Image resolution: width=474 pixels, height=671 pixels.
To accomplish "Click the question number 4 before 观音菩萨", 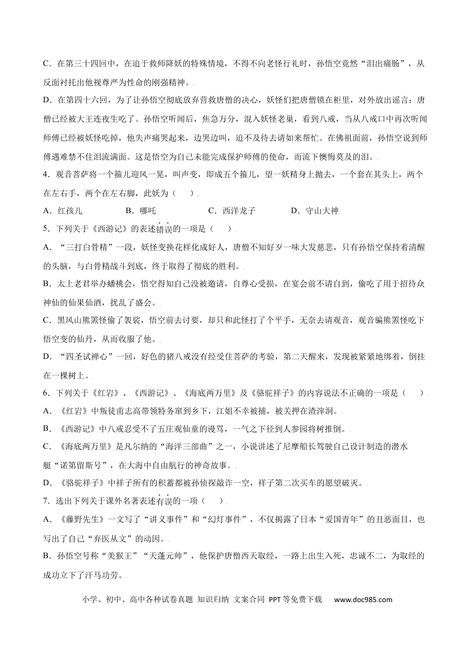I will coord(46,174).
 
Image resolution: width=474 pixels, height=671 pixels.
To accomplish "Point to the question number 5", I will coord(46,229).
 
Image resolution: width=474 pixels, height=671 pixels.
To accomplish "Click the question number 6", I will coord(46,393).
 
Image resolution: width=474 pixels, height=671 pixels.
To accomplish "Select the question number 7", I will coord(46,501).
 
